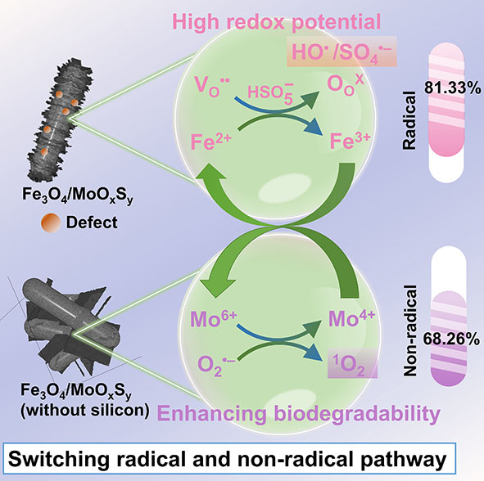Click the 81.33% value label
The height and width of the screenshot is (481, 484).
pos(452,88)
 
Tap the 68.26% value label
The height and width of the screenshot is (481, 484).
pos(451,339)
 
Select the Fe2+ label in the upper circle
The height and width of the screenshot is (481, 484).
pos(210,142)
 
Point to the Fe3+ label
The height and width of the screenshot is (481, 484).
pos(350,141)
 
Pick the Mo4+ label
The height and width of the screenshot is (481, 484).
pos(351,318)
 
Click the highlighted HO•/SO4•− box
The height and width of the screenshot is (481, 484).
pos(342,52)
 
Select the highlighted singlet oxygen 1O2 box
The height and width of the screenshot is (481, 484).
pos(352,363)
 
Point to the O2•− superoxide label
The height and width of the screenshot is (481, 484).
pos(216,366)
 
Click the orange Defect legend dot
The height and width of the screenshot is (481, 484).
pos(50,223)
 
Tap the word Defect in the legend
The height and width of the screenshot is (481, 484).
pos(92,223)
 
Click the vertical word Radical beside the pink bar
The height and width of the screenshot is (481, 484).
pos(409,120)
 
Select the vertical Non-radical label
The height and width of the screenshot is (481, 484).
pos(411,330)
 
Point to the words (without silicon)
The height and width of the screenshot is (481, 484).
pos(85,411)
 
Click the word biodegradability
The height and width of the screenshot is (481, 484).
pos(357,414)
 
